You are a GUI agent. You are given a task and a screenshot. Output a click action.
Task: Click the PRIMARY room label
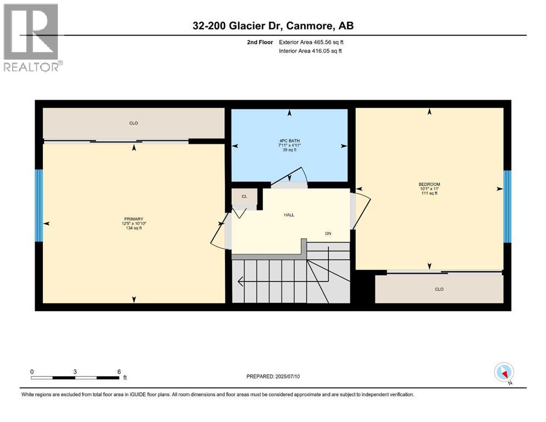coord(134,219)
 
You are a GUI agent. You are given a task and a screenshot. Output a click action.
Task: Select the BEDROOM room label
coord(429,184)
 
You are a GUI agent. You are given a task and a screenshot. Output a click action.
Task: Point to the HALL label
coord(289,215)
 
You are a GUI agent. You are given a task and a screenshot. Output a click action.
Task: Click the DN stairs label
coord(328,234)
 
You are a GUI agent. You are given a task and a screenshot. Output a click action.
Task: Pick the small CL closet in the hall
coord(244,196)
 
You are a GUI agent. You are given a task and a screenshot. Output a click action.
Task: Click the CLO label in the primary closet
coord(134,123)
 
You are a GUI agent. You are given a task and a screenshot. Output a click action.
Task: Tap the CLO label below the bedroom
coord(439,289)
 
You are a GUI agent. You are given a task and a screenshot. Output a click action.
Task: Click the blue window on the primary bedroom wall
coord(38,205)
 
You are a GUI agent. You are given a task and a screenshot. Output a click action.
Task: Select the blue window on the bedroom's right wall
coord(507,206)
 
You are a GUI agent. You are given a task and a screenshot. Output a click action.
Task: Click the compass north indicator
coord(504,373)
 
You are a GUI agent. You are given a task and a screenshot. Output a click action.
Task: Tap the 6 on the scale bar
coord(119,371)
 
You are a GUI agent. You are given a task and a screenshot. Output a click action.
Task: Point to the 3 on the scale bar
coord(75,371)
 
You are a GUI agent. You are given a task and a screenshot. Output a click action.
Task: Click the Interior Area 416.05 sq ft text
coord(311,51)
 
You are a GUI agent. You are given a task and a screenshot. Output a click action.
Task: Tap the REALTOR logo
coord(32,38)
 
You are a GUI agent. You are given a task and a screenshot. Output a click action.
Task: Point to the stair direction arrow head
coord(240,282)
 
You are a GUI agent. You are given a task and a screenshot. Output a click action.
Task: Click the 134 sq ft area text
coord(134,228)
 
